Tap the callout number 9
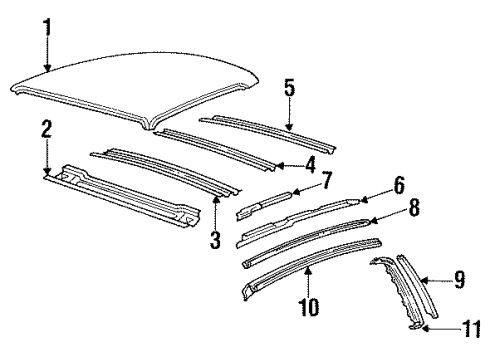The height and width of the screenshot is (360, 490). coord(459,281)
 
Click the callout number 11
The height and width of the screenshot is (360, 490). coord(470,326)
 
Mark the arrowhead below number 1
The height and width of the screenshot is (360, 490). coord(46,68)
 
